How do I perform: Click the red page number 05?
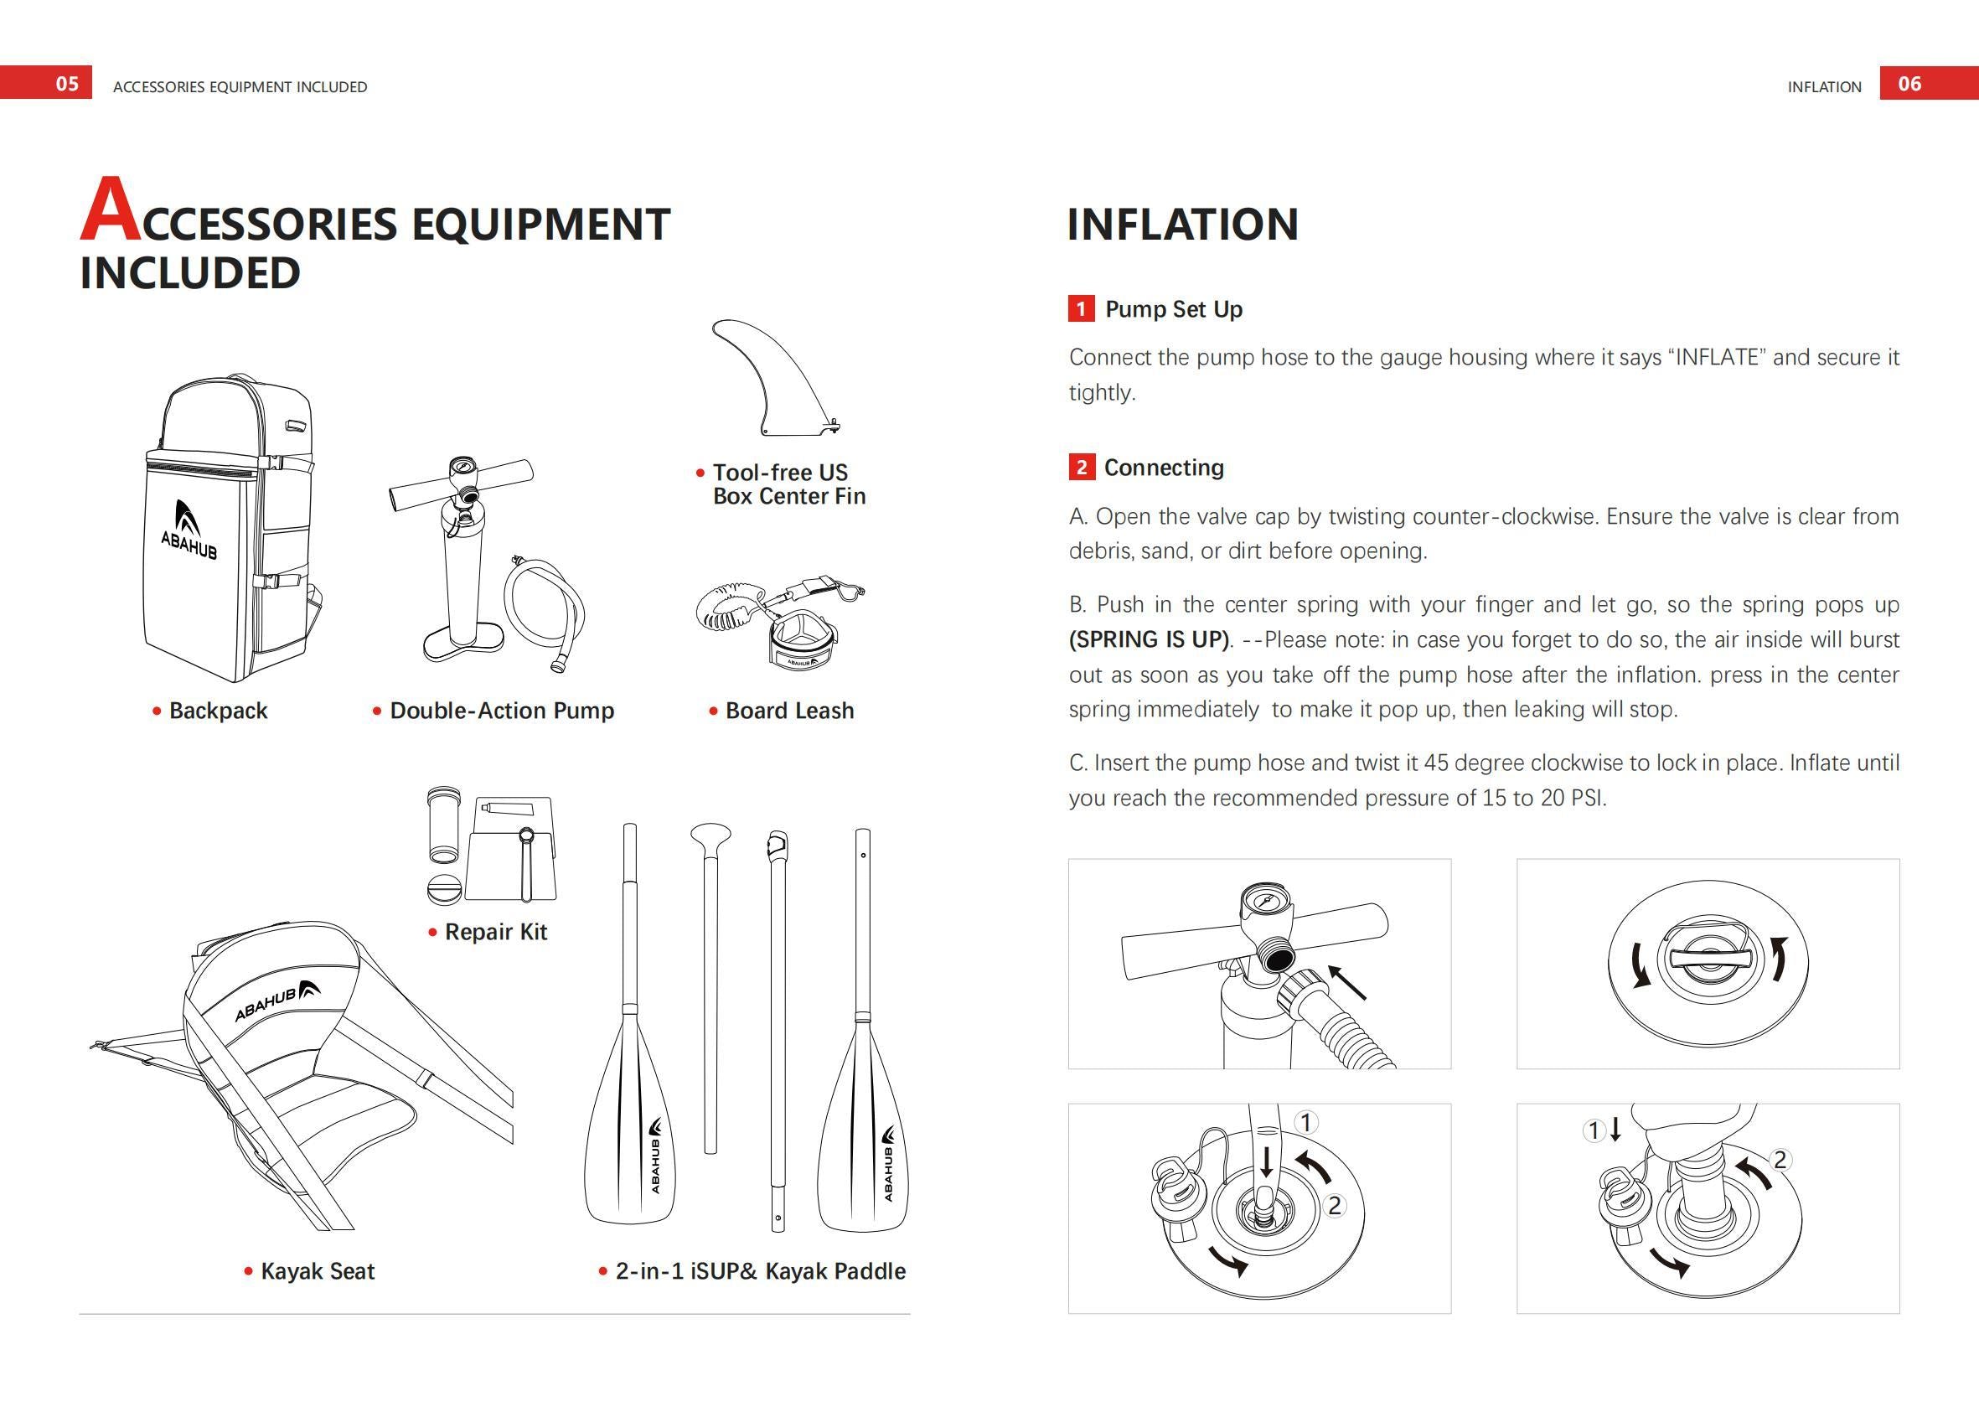[67, 84]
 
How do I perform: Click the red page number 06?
[1909, 84]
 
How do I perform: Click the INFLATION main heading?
[1182, 225]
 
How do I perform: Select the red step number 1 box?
[1081, 308]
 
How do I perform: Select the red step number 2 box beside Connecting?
[1081, 467]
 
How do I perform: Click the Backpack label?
[217, 711]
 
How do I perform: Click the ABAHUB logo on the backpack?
[189, 531]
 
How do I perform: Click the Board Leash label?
[789, 711]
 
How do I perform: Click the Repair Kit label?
[495, 932]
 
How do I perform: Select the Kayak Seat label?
[318, 1271]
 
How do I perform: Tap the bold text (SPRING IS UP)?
[1149, 640]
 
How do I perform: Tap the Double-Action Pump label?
[502, 711]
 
